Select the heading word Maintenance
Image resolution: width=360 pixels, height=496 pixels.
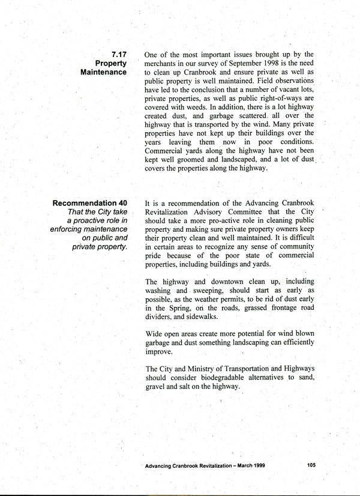(103, 72)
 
